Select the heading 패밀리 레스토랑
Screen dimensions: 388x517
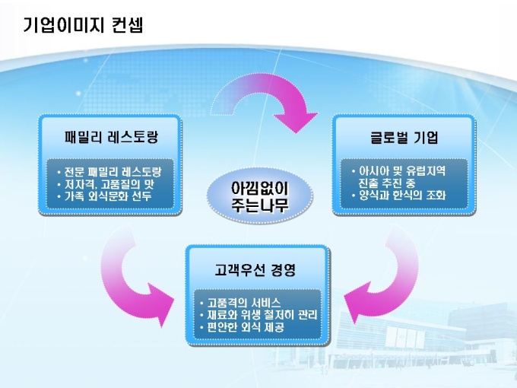coord(111,138)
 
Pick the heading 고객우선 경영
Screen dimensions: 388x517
coord(255,269)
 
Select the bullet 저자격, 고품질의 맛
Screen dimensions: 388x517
coord(109,183)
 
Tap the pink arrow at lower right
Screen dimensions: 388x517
coord(381,278)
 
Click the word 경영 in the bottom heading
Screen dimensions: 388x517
coord(282,269)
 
